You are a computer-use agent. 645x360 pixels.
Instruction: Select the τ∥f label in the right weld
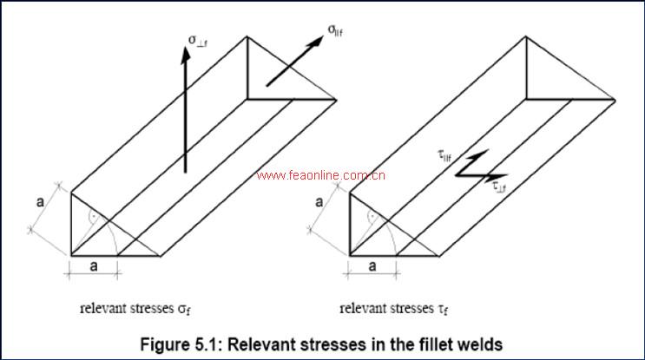coord(444,155)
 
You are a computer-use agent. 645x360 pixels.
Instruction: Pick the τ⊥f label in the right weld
coord(501,184)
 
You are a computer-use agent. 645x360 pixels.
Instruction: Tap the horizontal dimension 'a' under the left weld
coord(94,267)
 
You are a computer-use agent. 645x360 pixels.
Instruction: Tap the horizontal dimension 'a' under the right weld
coord(372,267)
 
